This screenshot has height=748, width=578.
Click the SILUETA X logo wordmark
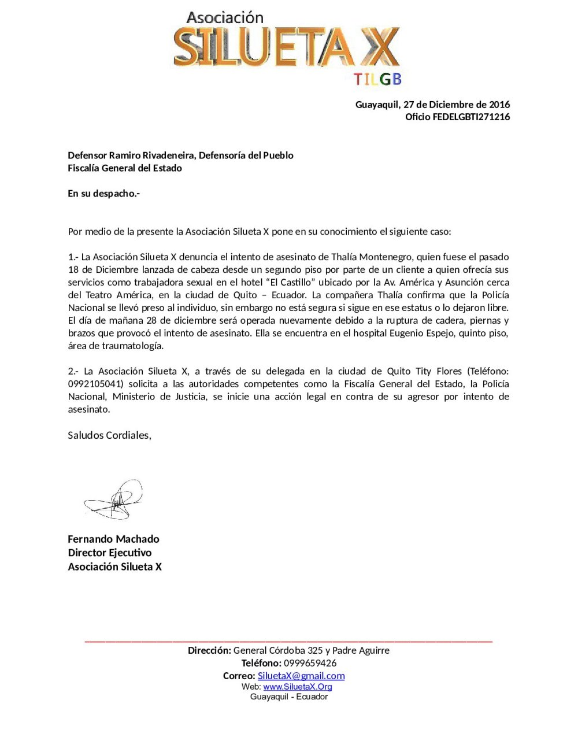tap(286, 47)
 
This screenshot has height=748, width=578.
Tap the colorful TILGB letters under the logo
tap(377, 79)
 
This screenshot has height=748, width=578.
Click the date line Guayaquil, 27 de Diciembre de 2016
tap(432, 105)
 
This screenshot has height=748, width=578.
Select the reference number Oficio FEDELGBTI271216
tap(457, 117)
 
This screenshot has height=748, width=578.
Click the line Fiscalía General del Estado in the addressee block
tap(125, 168)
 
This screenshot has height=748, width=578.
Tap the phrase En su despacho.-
tap(103, 194)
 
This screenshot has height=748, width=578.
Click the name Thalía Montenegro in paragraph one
tap(370, 257)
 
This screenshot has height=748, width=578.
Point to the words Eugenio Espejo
tap(422, 334)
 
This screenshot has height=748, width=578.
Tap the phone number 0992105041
tap(95, 384)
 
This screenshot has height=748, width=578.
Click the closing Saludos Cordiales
tap(109, 435)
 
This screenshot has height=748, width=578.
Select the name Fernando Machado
tap(113, 539)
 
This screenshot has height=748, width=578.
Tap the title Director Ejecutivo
tap(109, 553)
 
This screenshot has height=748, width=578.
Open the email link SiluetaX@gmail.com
tap(301, 676)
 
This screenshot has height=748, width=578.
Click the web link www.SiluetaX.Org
tap(298, 687)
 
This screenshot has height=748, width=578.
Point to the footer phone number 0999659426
tap(310, 663)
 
